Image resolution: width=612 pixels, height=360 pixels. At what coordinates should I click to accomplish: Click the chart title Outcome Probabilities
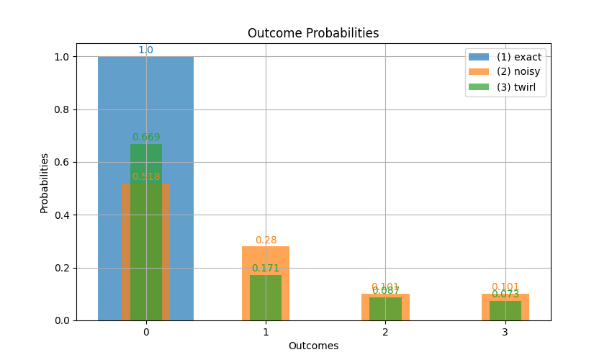(313, 33)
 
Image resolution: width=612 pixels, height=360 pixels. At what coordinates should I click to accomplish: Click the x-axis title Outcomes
(313, 346)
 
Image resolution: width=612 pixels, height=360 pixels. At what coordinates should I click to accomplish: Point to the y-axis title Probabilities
(44, 183)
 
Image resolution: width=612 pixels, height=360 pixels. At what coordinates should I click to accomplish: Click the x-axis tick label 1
(266, 332)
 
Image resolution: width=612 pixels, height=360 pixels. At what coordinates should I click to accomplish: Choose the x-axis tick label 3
(505, 332)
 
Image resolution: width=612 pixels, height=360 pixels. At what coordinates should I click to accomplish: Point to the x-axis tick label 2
(385, 332)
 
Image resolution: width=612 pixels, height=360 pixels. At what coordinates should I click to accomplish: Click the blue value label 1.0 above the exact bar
(145, 50)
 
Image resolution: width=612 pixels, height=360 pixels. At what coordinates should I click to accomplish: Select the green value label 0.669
(146, 138)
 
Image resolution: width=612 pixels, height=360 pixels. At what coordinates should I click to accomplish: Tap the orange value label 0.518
(146, 177)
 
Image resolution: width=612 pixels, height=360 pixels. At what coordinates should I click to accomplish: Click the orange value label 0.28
(266, 240)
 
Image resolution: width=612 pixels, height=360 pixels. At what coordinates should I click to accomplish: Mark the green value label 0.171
(266, 269)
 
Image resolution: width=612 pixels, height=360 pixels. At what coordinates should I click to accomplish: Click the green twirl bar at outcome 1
(266, 298)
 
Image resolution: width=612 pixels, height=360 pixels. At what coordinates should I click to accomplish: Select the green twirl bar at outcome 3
(505, 311)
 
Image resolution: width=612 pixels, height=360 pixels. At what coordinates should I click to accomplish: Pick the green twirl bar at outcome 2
(385, 309)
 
